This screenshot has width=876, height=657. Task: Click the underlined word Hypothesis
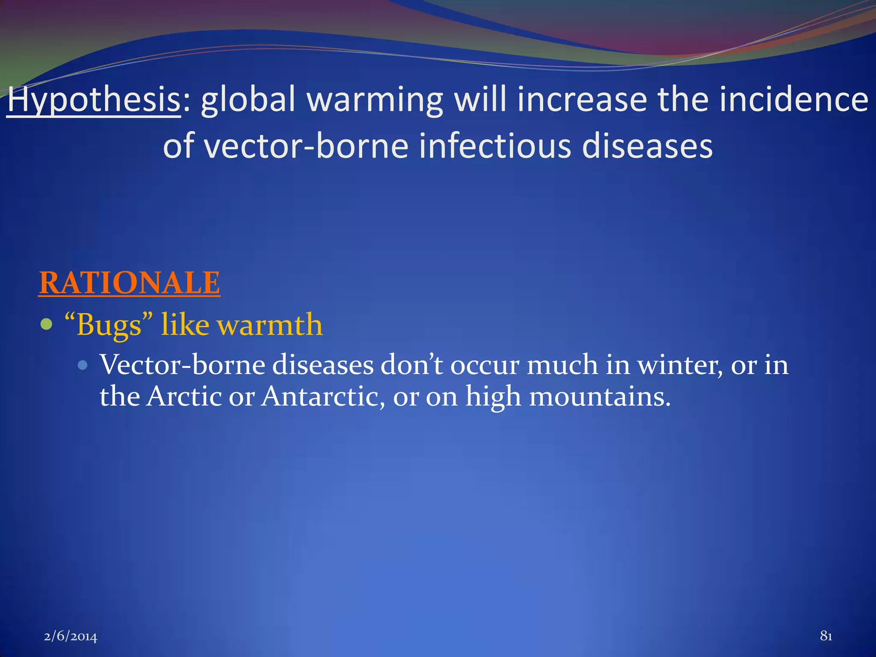pos(94,100)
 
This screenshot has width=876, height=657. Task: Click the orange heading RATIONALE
pos(130,283)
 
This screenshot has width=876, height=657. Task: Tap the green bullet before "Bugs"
pos(46,324)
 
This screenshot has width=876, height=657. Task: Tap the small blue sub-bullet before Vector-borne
pos(83,365)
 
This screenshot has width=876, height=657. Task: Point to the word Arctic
pos(184,396)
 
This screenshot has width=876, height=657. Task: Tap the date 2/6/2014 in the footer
pos(71,636)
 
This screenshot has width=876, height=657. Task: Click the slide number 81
pos(826,636)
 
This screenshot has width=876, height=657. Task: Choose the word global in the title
pos(249,100)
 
